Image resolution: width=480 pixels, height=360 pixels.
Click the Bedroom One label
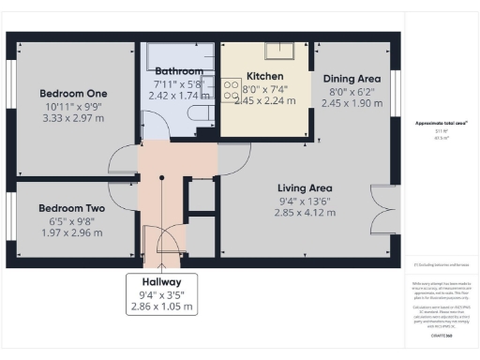coord(73,94)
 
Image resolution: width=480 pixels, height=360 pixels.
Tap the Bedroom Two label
coord(71,209)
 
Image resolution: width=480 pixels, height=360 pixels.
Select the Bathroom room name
coord(179,71)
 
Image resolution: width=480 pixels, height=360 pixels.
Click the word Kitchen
coord(264,76)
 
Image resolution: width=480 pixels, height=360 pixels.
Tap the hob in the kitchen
coord(229,89)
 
